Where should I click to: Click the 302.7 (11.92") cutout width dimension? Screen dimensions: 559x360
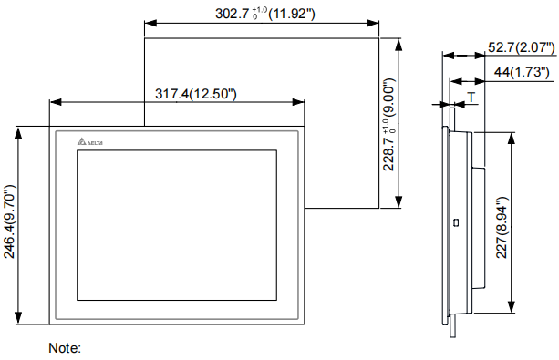click(x=265, y=14)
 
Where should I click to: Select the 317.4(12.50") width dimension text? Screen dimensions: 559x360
click(x=196, y=94)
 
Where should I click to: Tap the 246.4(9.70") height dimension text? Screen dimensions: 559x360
click(x=9, y=221)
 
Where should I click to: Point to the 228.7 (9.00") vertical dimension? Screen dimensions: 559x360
click(x=389, y=124)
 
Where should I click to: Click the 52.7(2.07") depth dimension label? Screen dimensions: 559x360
click(x=522, y=47)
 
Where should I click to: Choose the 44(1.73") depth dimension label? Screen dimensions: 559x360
click(x=522, y=72)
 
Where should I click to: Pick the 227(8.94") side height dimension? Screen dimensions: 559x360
click(x=502, y=227)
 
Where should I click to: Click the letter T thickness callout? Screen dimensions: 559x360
click(x=471, y=98)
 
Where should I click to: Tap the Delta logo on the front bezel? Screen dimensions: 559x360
click(x=90, y=141)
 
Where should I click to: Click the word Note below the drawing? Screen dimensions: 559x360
click(x=65, y=348)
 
